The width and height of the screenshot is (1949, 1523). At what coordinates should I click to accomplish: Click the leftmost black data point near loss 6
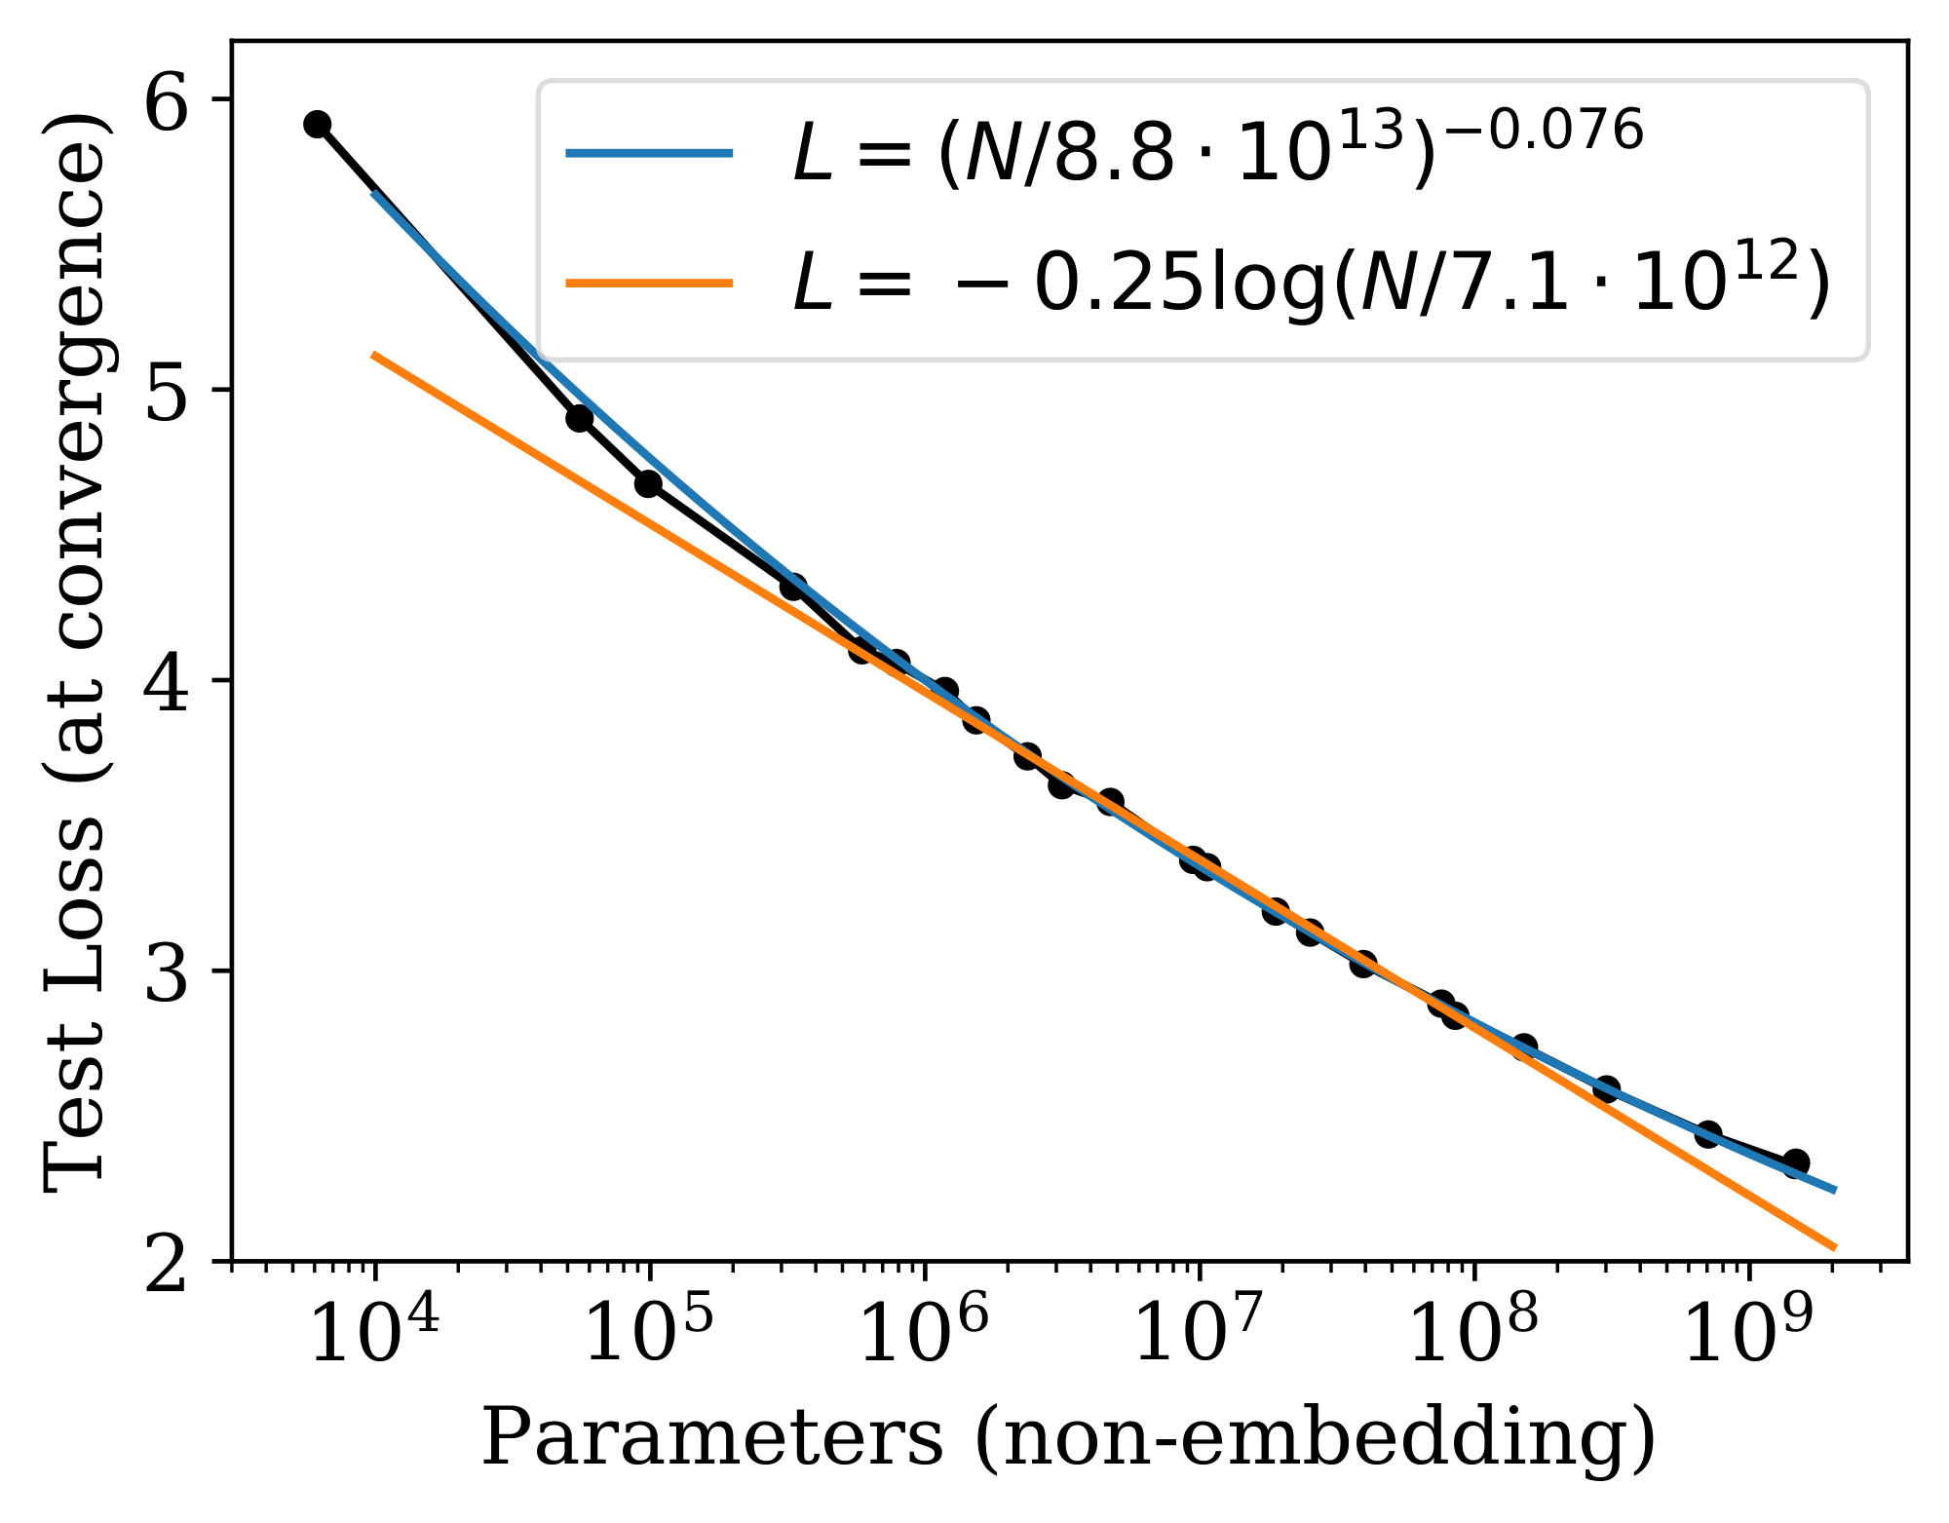(317, 124)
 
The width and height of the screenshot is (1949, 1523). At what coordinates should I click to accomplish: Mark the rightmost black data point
(1796, 1162)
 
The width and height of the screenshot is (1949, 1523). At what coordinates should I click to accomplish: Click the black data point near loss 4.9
(580, 419)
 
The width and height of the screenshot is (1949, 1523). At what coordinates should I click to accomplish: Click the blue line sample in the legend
(649, 152)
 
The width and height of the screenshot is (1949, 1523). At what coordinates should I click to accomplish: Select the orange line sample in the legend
(649, 284)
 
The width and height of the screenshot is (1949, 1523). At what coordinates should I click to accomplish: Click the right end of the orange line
(1834, 1247)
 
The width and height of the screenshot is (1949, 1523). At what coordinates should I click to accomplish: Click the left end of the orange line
(374, 356)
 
